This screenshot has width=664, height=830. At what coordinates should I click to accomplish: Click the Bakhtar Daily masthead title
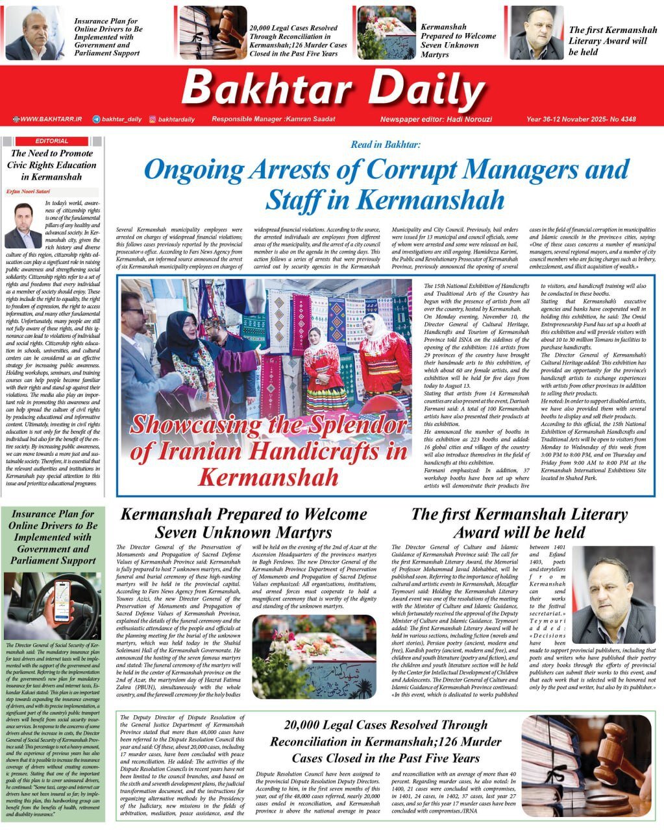(333, 88)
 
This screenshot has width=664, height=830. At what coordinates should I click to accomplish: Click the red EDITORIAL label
(52, 141)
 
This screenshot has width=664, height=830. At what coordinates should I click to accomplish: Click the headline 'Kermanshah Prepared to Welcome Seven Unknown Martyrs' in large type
(243, 523)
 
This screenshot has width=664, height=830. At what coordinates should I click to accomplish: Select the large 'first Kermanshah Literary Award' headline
(519, 523)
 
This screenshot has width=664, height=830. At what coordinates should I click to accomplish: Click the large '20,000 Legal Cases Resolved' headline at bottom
(386, 741)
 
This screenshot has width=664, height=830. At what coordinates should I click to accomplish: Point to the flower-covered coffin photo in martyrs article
(314, 656)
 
